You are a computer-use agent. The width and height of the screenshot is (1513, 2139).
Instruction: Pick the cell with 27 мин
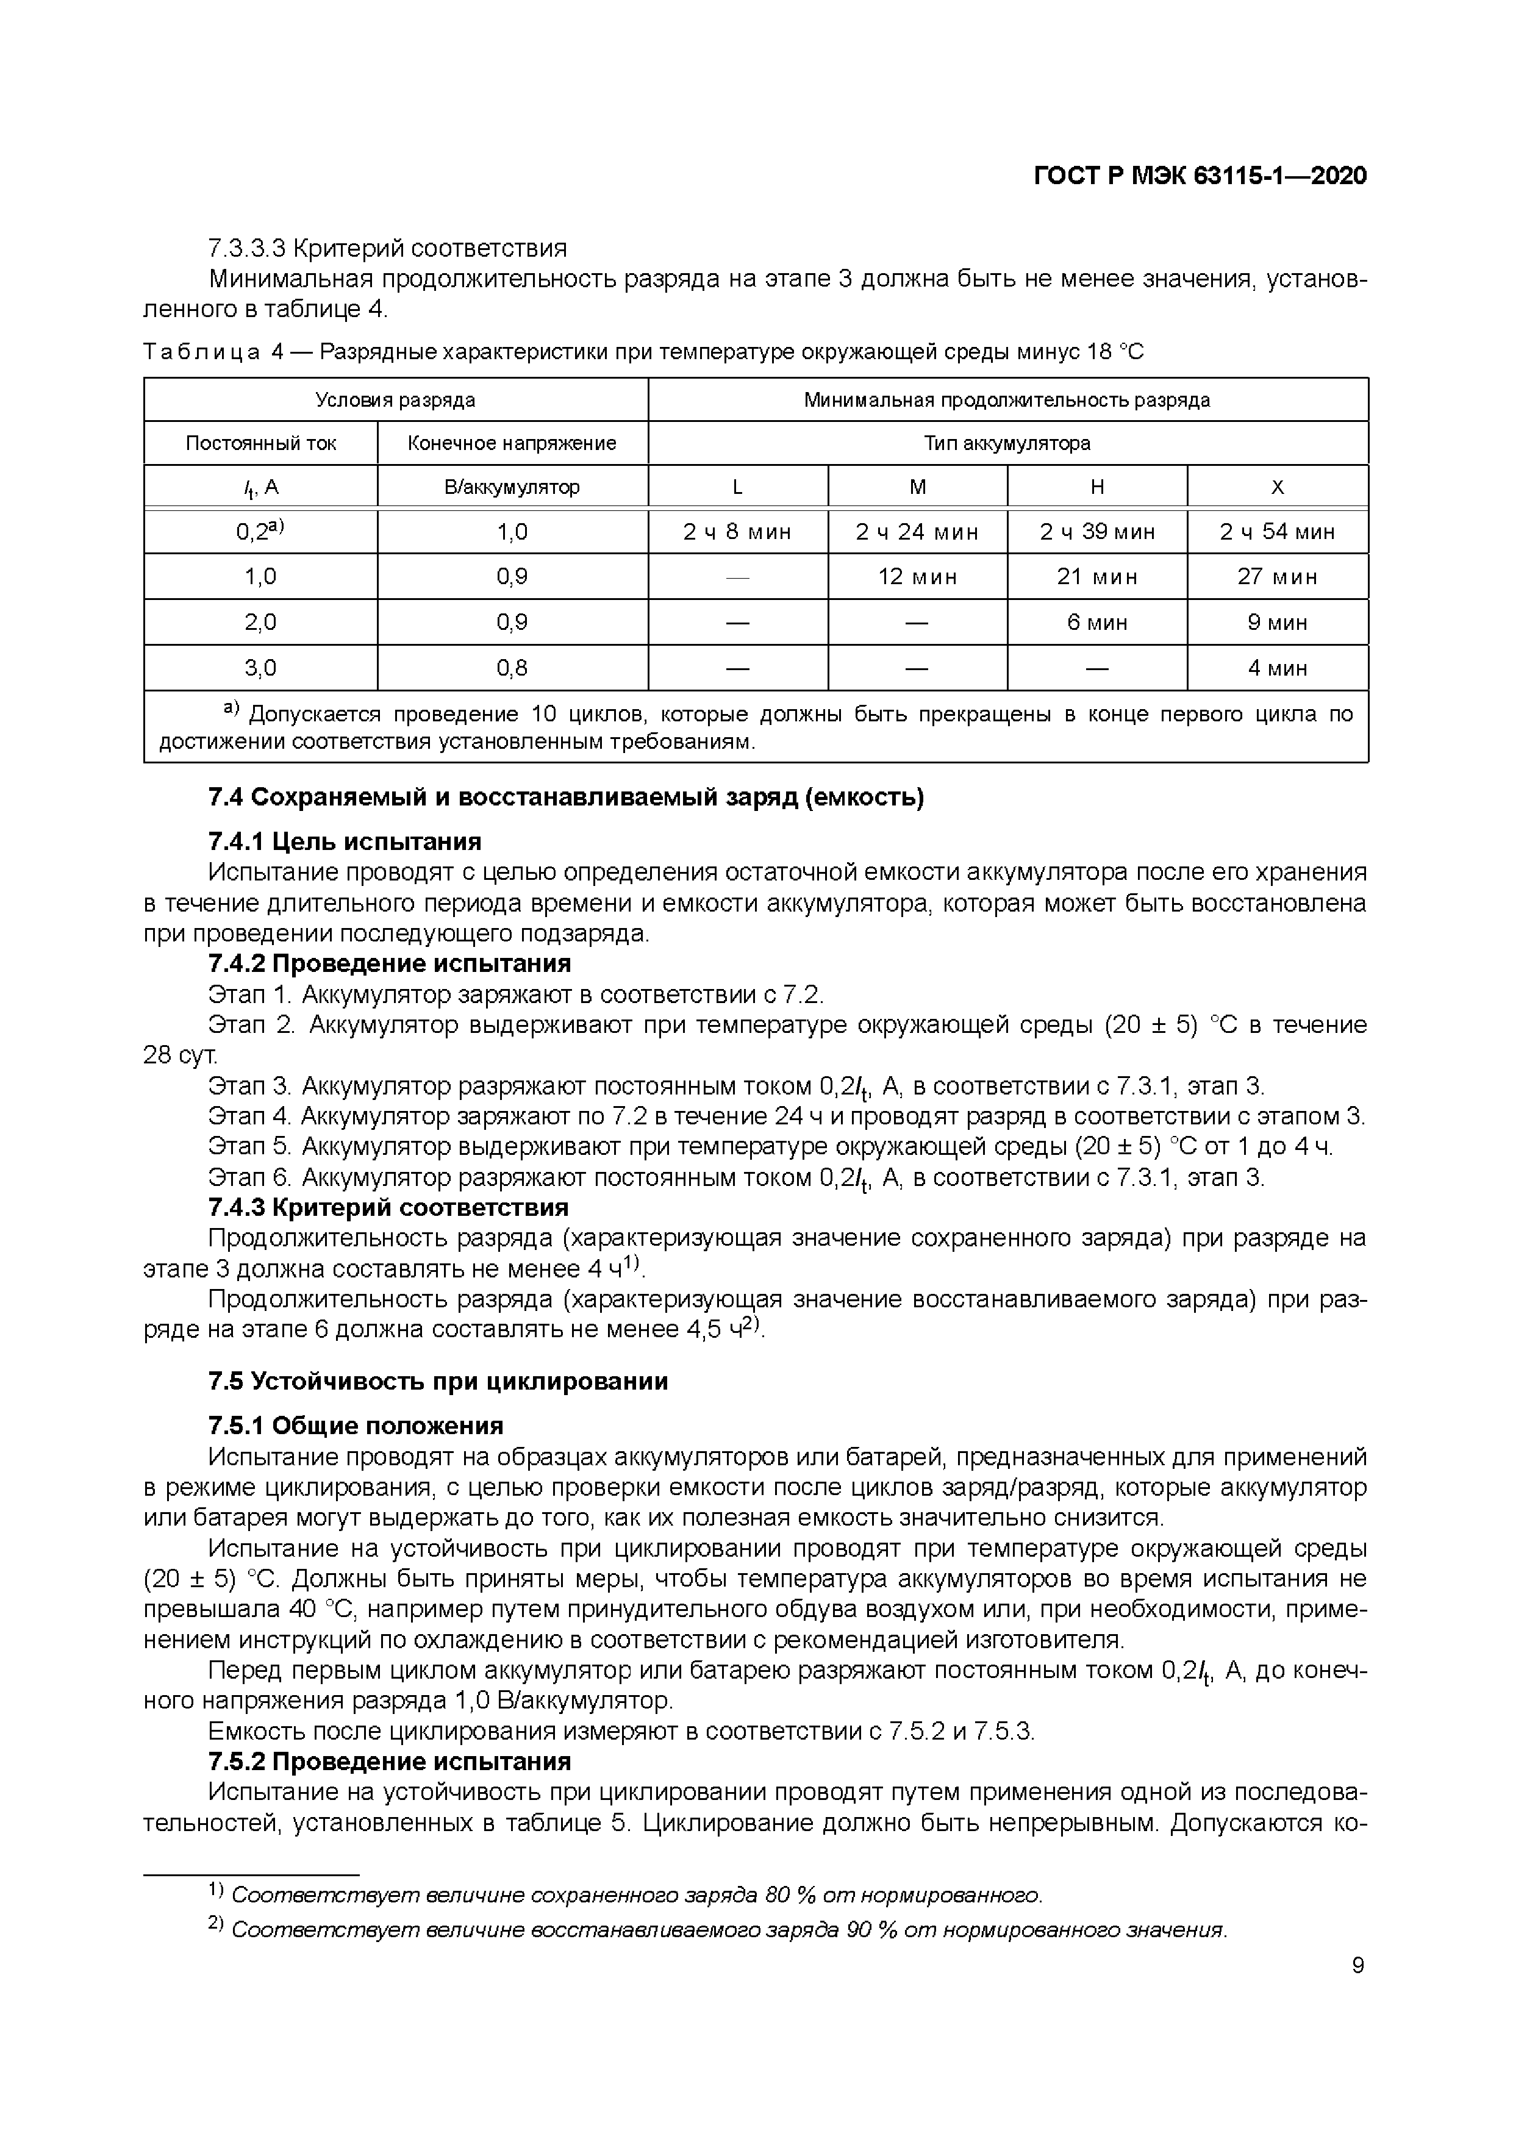coord(1276,577)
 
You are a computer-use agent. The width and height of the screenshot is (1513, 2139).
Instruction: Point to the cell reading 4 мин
coord(1276,668)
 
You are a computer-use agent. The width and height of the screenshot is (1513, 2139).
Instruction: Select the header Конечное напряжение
coord(512,443)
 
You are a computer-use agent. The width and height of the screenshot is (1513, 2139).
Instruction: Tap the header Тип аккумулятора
coord(1007,443)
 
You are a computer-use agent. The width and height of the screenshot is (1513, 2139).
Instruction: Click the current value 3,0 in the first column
coord(260,668)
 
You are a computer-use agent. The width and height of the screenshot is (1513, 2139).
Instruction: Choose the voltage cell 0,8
coord(512,668)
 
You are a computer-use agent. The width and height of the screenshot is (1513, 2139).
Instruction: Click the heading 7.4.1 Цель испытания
coord(344,842)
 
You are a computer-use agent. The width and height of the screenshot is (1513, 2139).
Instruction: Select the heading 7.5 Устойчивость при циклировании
coord(438,1380)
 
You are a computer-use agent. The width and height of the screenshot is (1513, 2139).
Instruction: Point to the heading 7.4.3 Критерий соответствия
coord(388,1207)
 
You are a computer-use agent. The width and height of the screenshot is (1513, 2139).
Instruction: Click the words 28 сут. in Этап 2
coord(180,1055)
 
